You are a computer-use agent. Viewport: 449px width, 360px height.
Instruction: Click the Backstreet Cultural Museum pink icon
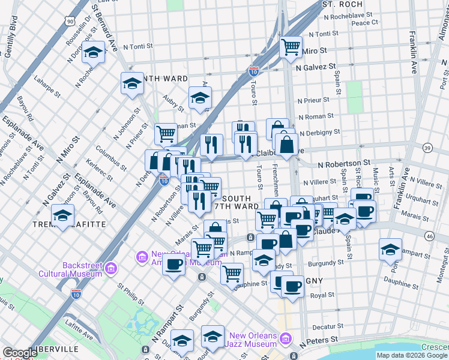pos(110,269)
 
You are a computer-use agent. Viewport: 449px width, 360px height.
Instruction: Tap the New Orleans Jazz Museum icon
pos(286,340)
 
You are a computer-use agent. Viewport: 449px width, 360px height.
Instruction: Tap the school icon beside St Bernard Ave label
pos(94,53)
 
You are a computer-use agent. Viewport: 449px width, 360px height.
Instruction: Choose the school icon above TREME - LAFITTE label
pos(62,215)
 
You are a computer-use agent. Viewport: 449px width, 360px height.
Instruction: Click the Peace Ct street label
pos(364,23)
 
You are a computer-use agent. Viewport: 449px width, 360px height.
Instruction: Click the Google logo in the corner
pos(20,353)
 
